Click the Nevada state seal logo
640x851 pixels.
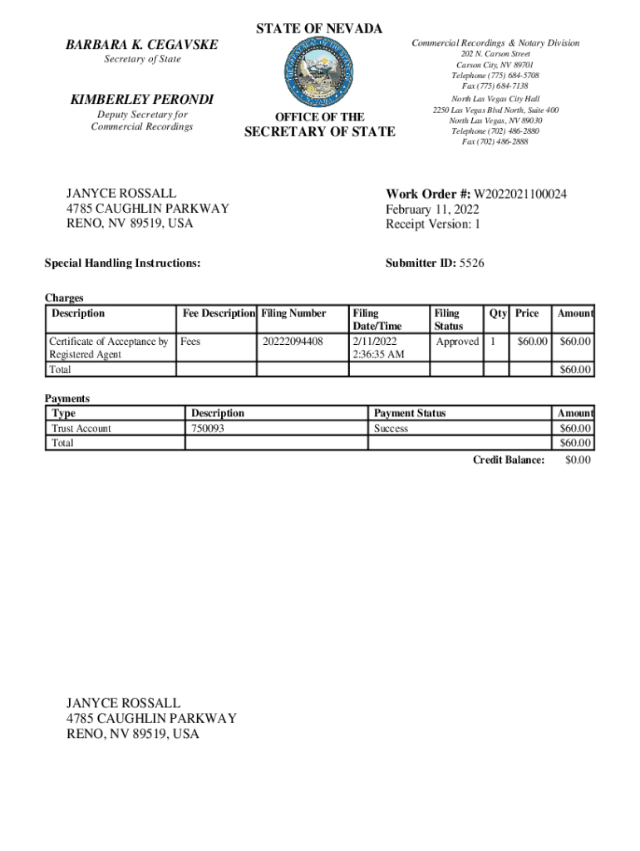pos(319,72)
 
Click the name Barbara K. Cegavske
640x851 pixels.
pos(141,44)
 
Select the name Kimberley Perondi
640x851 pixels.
pos(142,100)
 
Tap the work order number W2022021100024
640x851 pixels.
pos(520,194)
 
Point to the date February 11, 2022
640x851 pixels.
pos(431,209)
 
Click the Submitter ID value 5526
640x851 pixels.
pos(471,263)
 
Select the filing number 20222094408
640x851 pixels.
pos(292,342)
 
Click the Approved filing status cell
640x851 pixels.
pos(457,342)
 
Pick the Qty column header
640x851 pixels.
pos(498,313)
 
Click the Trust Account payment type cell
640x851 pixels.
pos(81,429)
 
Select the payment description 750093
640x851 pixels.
pos(207,429)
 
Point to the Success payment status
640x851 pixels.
pos(391,429)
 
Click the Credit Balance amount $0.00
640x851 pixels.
pos(577,460)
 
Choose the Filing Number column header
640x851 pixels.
pos(293,313)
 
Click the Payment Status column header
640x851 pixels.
pos(410,413)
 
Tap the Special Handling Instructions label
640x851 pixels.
pos(122,263)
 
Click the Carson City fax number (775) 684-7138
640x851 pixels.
pos(495,86)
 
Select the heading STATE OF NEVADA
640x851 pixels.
pos(319,29)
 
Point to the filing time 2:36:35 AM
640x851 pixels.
pos(378,355)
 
